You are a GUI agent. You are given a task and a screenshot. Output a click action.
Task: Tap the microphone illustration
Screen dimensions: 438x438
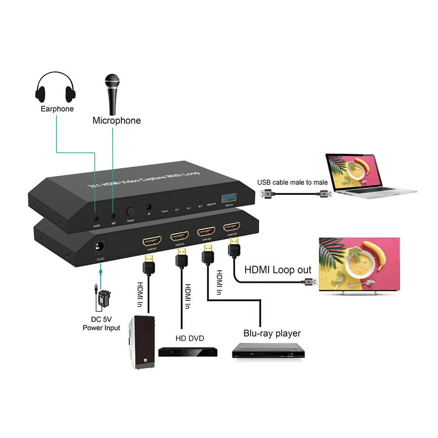pos(112,95)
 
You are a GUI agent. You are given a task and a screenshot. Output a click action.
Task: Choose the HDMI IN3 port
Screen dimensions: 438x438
pos(206,232)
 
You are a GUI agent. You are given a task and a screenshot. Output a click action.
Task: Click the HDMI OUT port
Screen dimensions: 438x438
pos(232,227)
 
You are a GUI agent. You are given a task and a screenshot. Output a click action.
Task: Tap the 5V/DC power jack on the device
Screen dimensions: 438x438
pos(100,248)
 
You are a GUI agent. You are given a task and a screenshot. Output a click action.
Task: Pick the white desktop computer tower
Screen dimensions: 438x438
pos(141,342)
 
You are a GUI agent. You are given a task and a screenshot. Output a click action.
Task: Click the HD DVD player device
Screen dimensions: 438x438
pos(188,351)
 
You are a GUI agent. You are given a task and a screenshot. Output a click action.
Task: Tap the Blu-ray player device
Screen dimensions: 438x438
pos(268,351)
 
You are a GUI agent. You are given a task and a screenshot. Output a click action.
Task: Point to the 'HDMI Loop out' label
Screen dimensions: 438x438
pos(278,270)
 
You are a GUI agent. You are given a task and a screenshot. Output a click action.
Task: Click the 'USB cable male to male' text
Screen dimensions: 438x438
pos(292,182)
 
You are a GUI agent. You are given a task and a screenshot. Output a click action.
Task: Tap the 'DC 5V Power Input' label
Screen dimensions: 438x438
pos(101,324)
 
